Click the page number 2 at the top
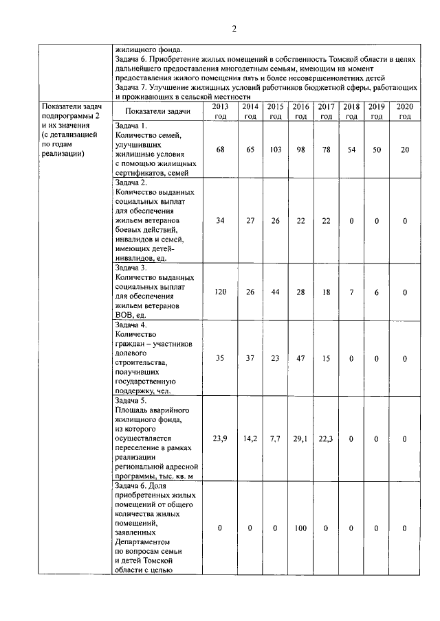point(234,29)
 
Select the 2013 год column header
point(221,111)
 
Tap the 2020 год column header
point(402,111)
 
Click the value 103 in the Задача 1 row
point(276,149)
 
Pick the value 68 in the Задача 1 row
point(220,149)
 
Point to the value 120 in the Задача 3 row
point(220,292)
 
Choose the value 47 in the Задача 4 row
point(300,358)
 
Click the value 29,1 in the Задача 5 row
point(300,438)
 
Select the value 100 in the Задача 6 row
point(300,528)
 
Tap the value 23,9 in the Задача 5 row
point(220,438)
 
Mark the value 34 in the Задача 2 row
point(220,220)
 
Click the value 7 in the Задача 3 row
point(351,292)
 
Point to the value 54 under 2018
point(351,149)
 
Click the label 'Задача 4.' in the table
point(132,325)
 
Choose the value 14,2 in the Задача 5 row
point(250,438)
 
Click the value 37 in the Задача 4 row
point(250,358)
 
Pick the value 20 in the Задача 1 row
point(404,149)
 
